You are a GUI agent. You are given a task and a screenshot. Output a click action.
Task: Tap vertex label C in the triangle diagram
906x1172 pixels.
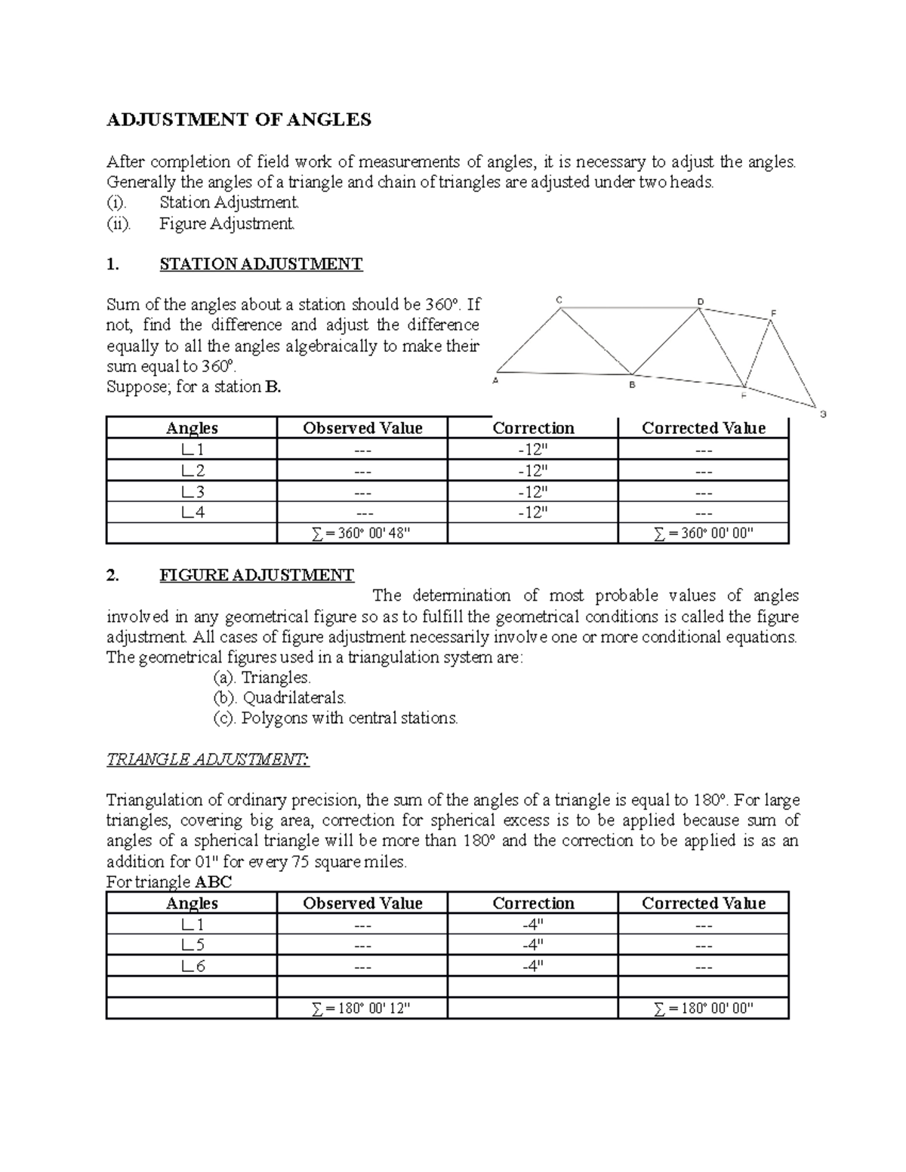click(x=559, y=300)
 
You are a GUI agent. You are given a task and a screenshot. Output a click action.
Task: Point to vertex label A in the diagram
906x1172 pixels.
click(x=495, y=381)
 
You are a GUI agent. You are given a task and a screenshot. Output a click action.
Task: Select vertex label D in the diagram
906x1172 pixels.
click(x=700, y=301)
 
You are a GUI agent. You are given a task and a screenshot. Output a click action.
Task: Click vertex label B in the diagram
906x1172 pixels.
click(x=633, y=385)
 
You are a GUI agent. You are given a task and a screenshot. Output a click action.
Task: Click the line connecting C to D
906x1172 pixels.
click(x=630, y=307)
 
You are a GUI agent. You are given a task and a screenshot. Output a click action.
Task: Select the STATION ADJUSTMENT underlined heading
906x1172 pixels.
click(x=260, y=264)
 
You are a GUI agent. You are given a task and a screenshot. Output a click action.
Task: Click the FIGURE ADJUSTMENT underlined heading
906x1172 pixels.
click(x=256, y=575)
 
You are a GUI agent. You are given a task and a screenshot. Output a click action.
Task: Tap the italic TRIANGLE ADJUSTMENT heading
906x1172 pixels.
click(x=208, y=759)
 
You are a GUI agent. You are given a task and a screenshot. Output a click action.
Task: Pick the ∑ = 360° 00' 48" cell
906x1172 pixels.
click(x=362, y=534)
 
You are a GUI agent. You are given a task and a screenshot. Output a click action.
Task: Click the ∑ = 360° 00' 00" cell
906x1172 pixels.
click(x=703, y=534)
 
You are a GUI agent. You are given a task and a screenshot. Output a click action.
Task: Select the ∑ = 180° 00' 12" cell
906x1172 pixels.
click(x=362, y=1008)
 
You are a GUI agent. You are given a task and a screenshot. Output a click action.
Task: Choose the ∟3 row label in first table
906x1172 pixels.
click(x=192, y=492)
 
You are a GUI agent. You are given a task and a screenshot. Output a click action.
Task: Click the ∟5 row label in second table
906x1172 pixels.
click(x=192, y=946)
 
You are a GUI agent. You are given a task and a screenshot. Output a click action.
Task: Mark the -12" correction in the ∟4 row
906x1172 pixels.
click(x=532, y=512)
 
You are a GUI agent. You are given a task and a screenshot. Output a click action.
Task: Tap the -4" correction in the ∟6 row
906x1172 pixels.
click(x=532, y=966)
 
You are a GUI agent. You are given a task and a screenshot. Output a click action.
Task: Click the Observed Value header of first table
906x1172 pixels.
click(x=362, y=428)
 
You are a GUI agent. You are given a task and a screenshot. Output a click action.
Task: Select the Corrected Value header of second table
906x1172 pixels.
click(x=703, y=903)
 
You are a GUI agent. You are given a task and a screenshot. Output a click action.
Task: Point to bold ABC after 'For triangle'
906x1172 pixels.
click(x=214, y=882)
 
